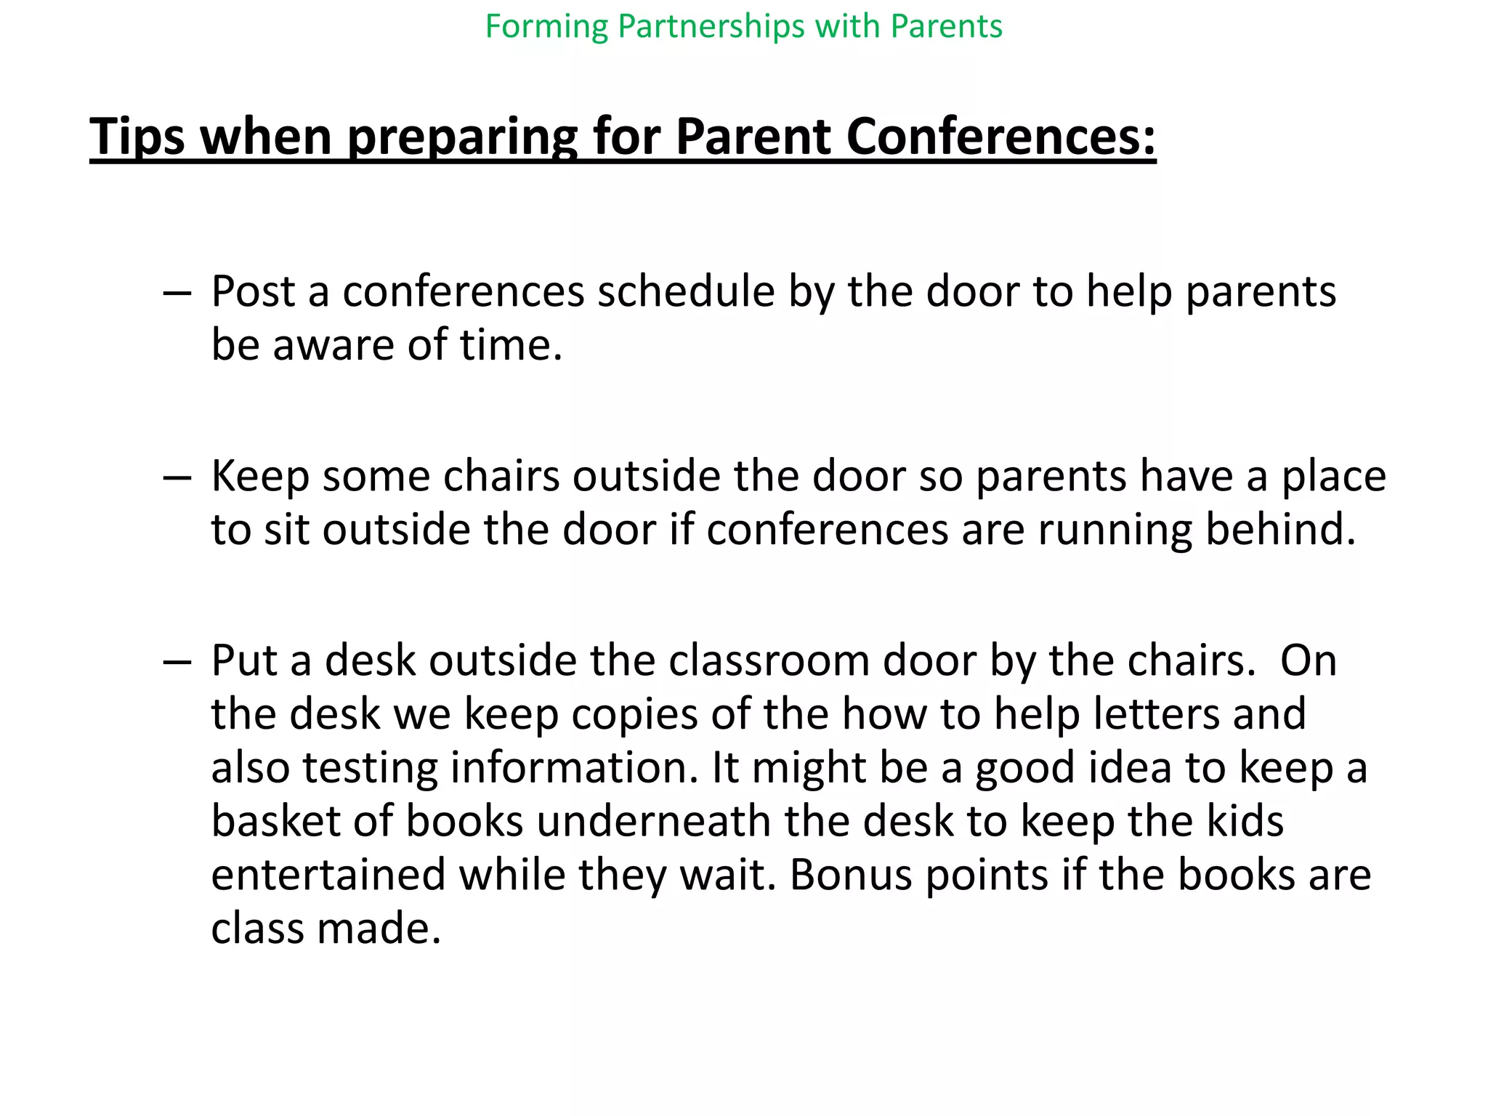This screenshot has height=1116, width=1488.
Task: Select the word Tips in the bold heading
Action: [137, 137]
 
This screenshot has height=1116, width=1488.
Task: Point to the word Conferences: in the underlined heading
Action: [1000, 137]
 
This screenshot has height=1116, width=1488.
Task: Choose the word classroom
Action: [768, 661]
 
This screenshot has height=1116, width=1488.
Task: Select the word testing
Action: [369, 769]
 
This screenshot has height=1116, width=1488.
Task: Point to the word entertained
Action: [328, 875]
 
